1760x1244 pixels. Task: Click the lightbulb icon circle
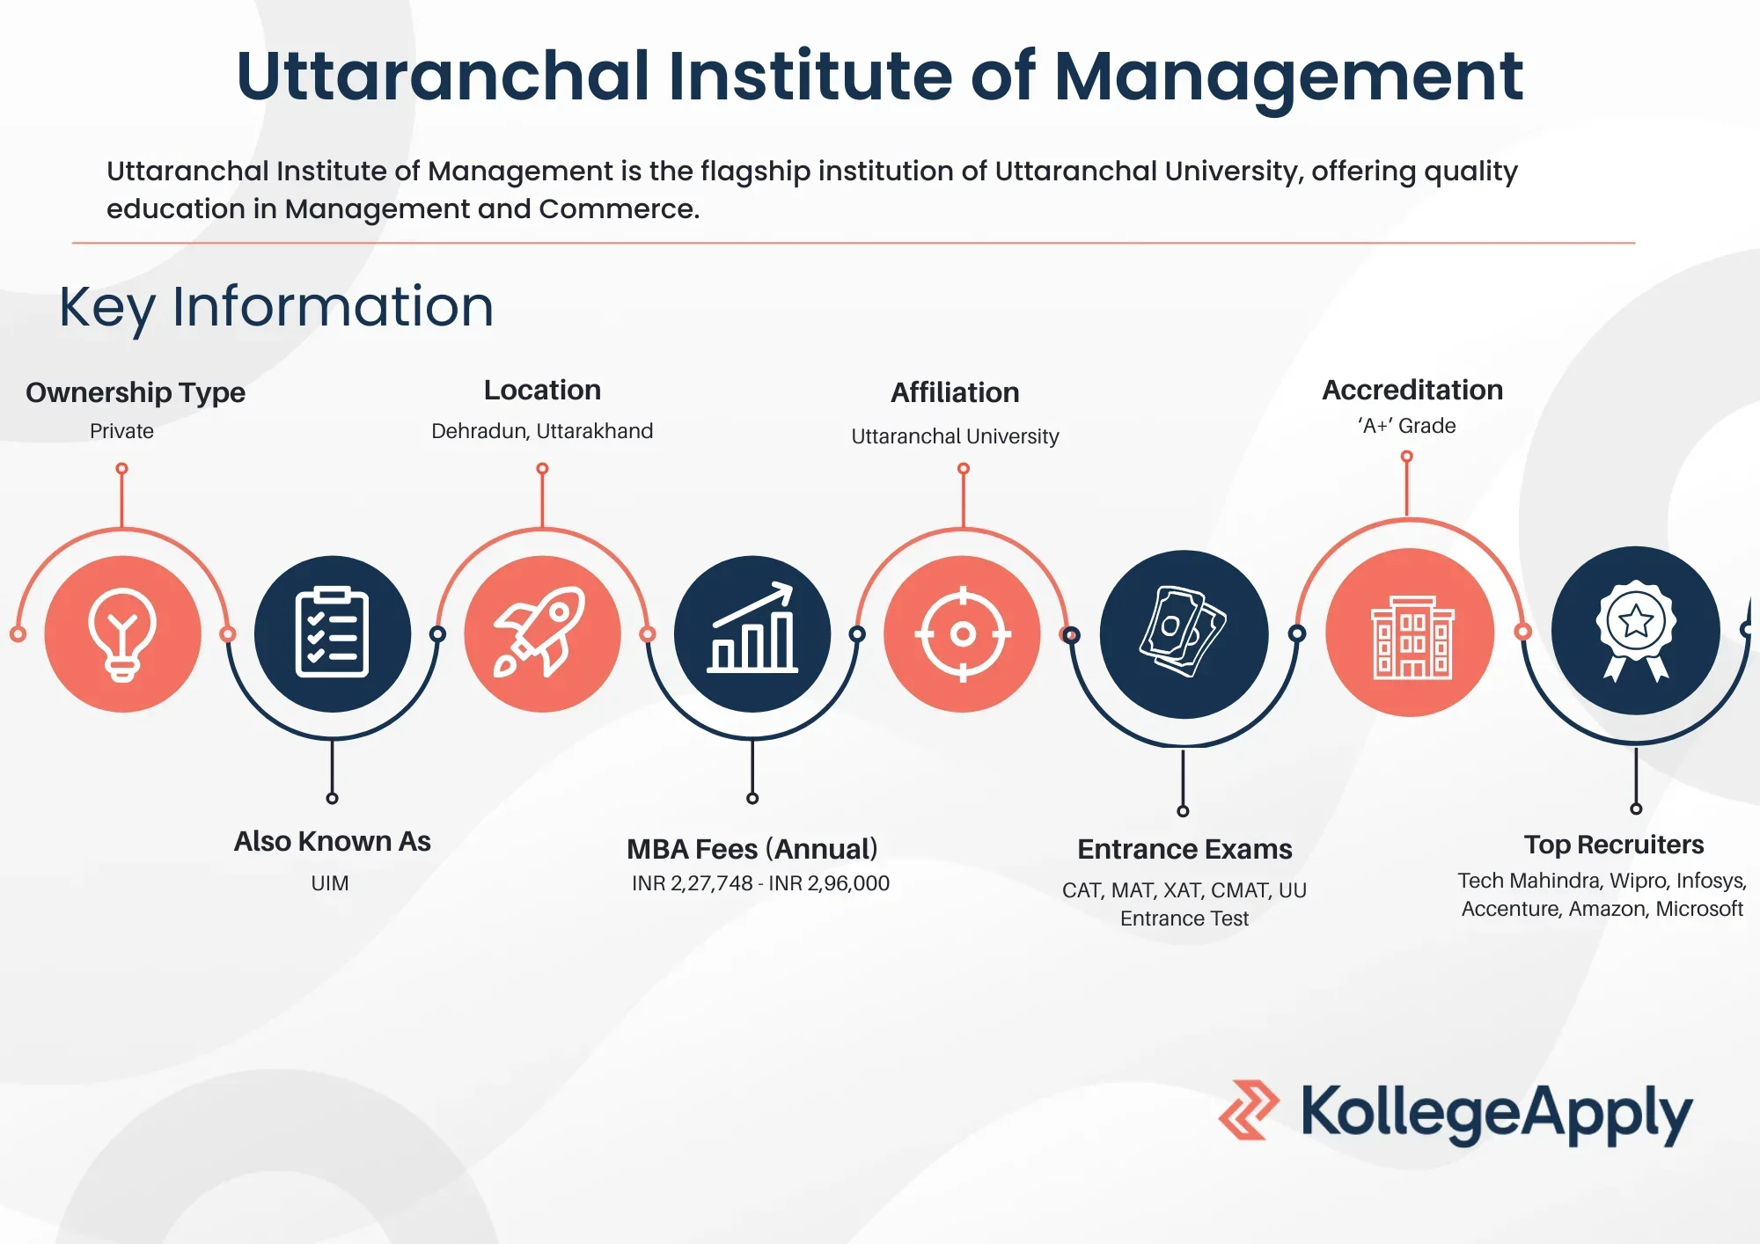click(x=122, y=633)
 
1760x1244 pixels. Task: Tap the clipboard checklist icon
click(x=332, y=632)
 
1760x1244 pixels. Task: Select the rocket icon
click(x=540, y=632)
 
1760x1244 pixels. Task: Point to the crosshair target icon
click(x=963, y=633)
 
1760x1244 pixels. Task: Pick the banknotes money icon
click(x=1183, y=632)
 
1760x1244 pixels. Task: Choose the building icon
click(x=1412, y=637)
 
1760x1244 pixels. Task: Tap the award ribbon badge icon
click(x=1636, y=630)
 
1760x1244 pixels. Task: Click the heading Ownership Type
click(x=136, y=392)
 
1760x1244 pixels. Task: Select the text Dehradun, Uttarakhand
click(x=542, y=431)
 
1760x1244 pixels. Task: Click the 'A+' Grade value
click(x=1406, y=426)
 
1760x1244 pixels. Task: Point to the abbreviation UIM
click(x=330, y=883)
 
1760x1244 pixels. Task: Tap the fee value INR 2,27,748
click(x=693, y=883)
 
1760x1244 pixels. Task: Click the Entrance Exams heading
click(x=1184, y=849)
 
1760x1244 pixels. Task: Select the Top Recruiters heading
click(x=1614, y=845)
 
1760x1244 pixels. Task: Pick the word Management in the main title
click(x=1288, y=77)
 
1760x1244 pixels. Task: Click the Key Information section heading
click(x=276, y=307)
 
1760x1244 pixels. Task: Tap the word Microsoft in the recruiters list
click(x=1699, y=909)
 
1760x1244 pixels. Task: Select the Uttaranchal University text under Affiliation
click(x=955, y=436)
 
